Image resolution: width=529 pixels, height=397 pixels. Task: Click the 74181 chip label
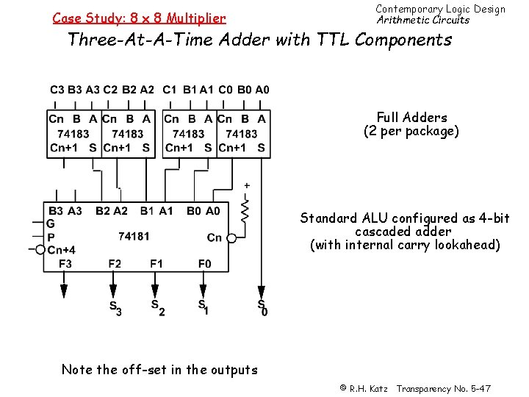click(134, 236)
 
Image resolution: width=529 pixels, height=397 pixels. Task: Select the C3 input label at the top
click(57, 90)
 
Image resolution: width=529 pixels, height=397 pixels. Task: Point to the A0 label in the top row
click(262, 90)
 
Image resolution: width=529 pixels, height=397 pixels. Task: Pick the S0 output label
click(262, 307)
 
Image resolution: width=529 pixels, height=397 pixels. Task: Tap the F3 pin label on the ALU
click(65, 263)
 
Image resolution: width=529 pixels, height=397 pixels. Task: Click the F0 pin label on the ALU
click(204, 263)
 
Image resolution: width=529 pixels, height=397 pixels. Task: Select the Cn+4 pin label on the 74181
click(61, 250)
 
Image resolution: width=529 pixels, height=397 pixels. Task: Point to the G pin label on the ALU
click(51, 223)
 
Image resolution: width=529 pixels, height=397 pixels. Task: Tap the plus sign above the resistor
click(247, 185)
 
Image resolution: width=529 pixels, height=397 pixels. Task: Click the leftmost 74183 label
click(73, 134)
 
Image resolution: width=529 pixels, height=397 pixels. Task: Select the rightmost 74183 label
click(242, 134)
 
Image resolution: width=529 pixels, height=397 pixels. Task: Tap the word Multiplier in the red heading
click(197, 18)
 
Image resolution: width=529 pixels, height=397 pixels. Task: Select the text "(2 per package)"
click(411, 132)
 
